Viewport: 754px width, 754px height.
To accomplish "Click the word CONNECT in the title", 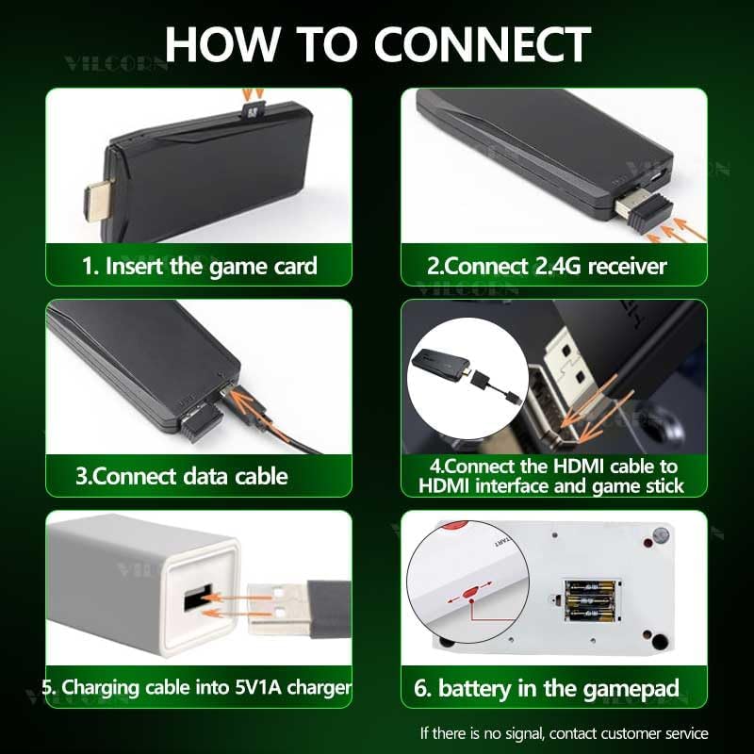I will point(483,43).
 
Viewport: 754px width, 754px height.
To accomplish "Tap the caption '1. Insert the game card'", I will point(199,265).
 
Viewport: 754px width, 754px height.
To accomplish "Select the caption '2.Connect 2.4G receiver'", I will point(547,266).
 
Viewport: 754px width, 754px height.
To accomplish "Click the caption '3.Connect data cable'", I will point(182,475).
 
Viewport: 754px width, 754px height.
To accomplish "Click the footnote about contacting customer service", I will point(564,732).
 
